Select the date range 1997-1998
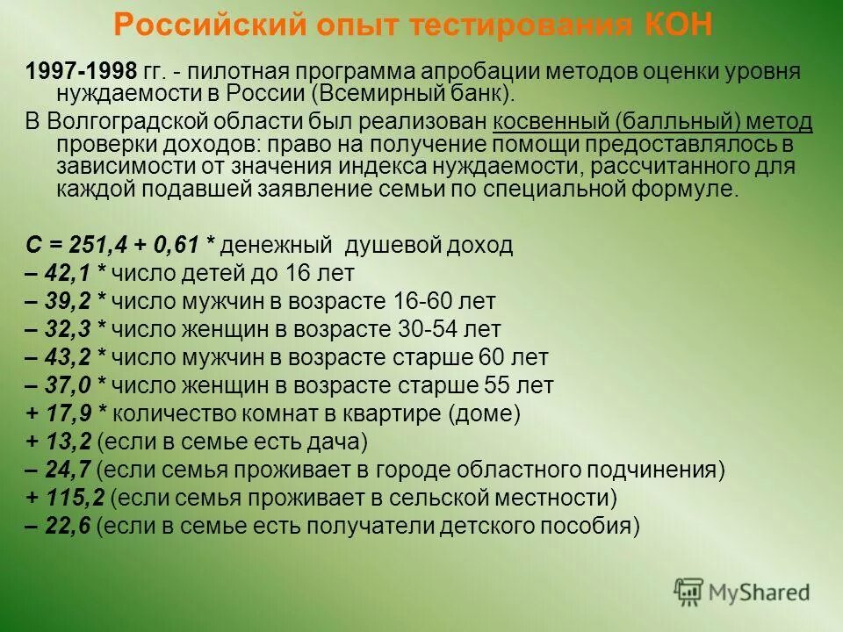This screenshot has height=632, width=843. [81, 71]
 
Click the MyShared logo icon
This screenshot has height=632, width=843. [689, 592]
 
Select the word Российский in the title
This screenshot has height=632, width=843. [190, 25]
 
